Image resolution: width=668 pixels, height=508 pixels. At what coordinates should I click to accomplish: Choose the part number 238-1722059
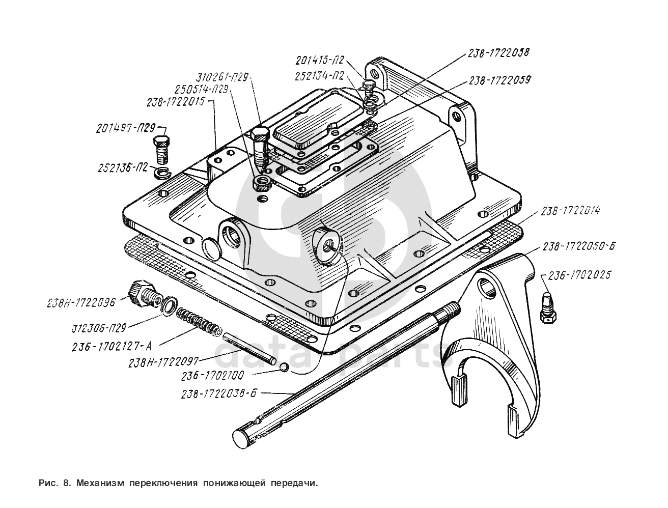[x=500, y=80]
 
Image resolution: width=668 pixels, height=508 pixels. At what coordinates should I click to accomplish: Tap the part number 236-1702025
[x=580, y=275]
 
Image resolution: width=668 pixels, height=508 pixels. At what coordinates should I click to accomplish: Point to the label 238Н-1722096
[x=82, y=302]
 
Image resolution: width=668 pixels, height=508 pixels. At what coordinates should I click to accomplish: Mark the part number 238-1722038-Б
[x=219, y=394]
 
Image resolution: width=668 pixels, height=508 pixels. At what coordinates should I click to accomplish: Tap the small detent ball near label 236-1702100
[x=284, y=367]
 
